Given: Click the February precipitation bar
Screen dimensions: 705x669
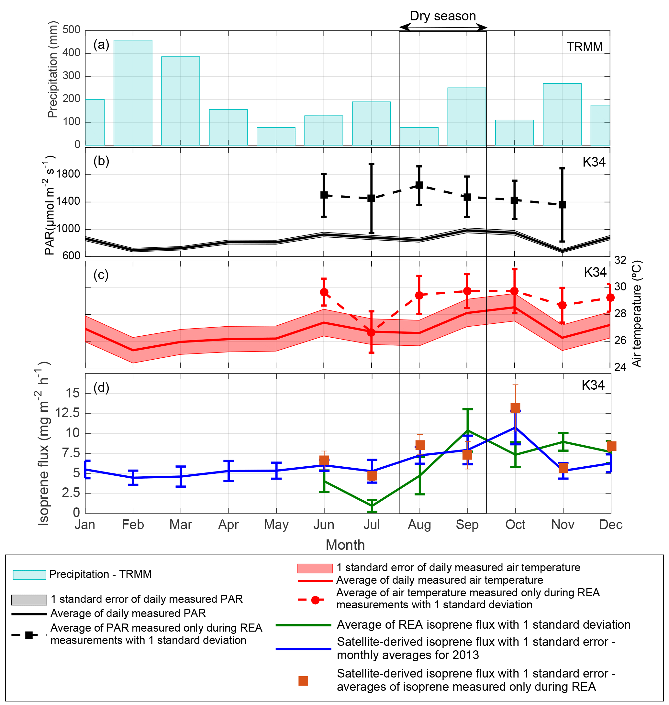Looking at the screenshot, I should click(x=133, y=92).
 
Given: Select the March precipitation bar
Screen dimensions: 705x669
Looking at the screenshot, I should click(x=181, y=101).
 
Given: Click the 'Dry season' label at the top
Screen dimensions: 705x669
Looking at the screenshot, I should click(x=442, y=16).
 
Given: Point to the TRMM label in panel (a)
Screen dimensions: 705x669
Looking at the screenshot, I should click(x=585, y=47).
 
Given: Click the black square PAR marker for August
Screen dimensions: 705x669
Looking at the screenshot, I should click(x=419, y=185).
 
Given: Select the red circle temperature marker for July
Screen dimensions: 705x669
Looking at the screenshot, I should click(x=371, y=332).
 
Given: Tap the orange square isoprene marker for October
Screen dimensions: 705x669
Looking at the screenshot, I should click(x=515, y=408).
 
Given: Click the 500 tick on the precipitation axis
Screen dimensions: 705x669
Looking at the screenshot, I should click(x=71, y=30).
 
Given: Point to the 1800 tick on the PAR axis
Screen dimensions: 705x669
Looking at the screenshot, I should click(x=69, y=174).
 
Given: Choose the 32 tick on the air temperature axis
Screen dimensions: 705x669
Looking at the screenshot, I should click(x=620, y=260).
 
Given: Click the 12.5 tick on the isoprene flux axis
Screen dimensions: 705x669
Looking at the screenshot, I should click(x=68, y=413).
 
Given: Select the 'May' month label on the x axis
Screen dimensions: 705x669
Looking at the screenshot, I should click(x=276, y=525).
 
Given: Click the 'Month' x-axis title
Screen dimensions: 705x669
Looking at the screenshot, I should click(x=345, y=545).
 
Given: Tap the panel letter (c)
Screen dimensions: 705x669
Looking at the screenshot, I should click(x=101, y=275).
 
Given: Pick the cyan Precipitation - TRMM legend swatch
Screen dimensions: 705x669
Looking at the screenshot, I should click(x=29, y=575).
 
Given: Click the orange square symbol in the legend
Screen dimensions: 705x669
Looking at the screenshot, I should click(x=303, y=681).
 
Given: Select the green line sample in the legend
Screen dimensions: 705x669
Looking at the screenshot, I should click(x=303, y=625).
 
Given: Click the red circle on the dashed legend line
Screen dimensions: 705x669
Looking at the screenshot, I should click(x=315, y=600).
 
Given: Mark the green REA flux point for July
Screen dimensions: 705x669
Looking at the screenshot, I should click(x=372, y=506).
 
